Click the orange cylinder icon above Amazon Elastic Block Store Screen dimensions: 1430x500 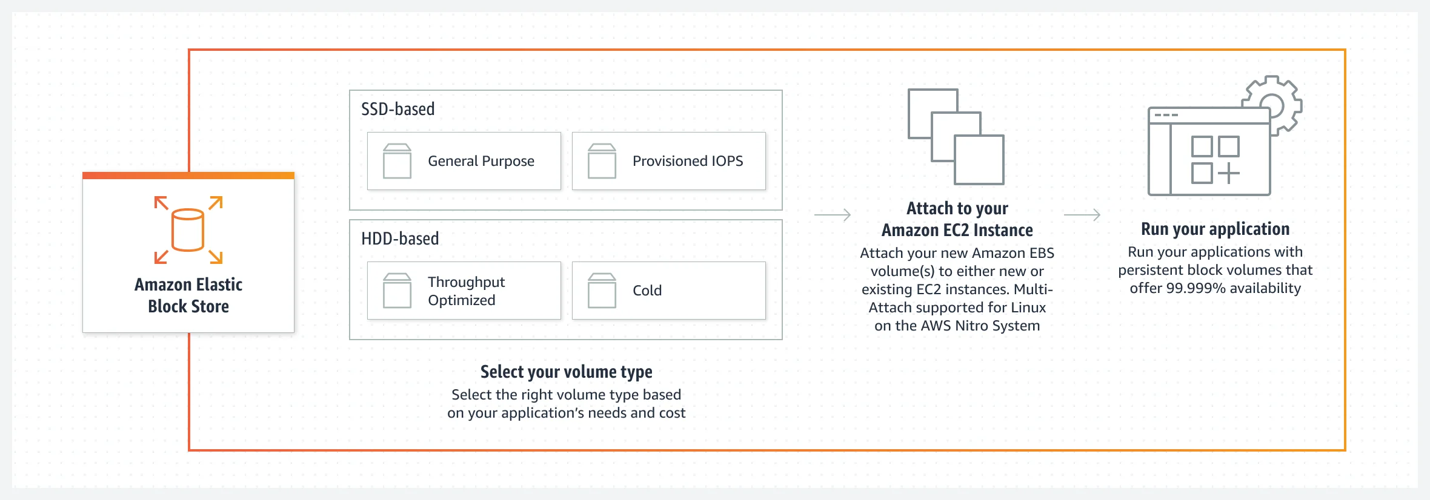pyautogui.click(x=188, y=230)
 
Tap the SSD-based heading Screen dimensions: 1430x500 pyautogui.click(x=398, y=109)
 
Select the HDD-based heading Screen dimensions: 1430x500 pyautogui.click(x=400, y=238)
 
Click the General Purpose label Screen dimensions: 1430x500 pyautogui.click(x=481, y=161)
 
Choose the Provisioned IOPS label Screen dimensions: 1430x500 pyautogui.click(x=688, y=161)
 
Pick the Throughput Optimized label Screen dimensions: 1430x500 pyautogui.click(x=466, y=291)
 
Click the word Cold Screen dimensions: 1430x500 pyautogui.click(x=647, y=291)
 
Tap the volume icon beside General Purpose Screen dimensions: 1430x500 pyautogui.click(x=397, y=161)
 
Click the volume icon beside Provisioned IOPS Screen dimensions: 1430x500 pyautogui.click(x=602, y=161)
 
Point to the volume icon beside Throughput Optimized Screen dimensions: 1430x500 pyautogui.click(x=397, y=291)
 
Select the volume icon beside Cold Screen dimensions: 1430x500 pyautogui.click(x=602, y=291)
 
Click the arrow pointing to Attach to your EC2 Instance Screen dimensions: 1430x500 pyautogui.click(x=833, y=215)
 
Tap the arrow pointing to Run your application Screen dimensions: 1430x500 pyautogui.click(x=1082, y=215)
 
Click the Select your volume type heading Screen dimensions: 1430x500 pyautogui.click(x=567, y=372)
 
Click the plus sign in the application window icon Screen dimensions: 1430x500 pyautogui.click(x=1229, y=174)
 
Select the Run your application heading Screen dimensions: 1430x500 pyautogui.click(x=1215, y=229)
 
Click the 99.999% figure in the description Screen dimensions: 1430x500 pyautogui.click(x=1196, y=288)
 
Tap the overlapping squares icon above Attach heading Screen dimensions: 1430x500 pyautogui.click(x=956, y=137)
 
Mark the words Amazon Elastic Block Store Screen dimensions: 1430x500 pyautogui.click(x=188, y=295)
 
